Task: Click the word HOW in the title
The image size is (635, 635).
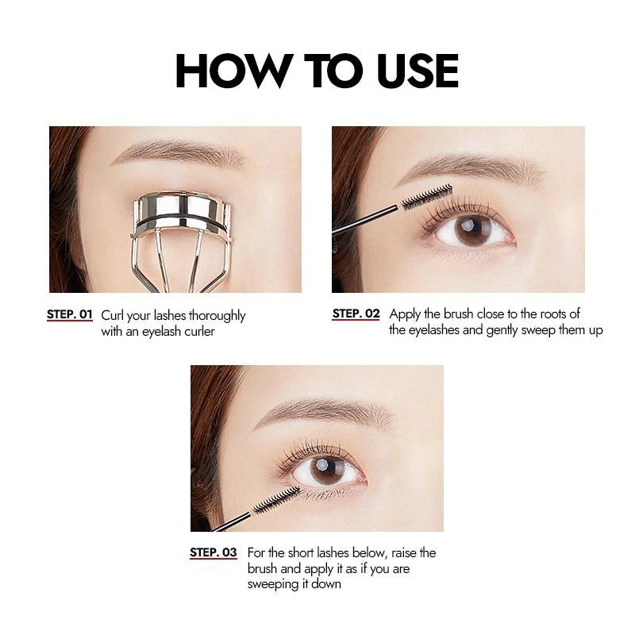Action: pyautogui.click(x=234, y=71)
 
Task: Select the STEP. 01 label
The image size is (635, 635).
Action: pyautogui.click(x=70, y=314)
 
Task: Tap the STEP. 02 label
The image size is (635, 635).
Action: pyautogui.click(x=356, y=314)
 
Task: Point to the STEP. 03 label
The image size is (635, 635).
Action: pyautogui.click(x=214, y=552)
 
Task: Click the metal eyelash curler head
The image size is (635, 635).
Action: pyautogui.click(x=181, y=214)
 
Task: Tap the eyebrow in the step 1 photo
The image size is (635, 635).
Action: pyautogui.click(x=178, y=152)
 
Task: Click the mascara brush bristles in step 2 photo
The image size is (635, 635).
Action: pyautogui.click(x=426, y=196)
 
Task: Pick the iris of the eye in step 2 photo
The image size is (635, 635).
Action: pyautogui.click(x=472, y=231)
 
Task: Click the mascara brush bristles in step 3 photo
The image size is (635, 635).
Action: pyautogui.click(x=277, y=500)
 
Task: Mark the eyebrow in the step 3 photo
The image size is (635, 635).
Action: pyautogui.click(x=324, y=412)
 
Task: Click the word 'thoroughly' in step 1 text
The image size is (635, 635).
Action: pyautogui.click(x=217, y=316)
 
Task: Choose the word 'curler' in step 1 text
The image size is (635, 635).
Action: pyautogui.click(x=200, y=331)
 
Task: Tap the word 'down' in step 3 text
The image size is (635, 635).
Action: pyautogui.click(x=326, y=584)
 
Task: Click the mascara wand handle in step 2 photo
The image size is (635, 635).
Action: pyautogui.click(x=365, y=221)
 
